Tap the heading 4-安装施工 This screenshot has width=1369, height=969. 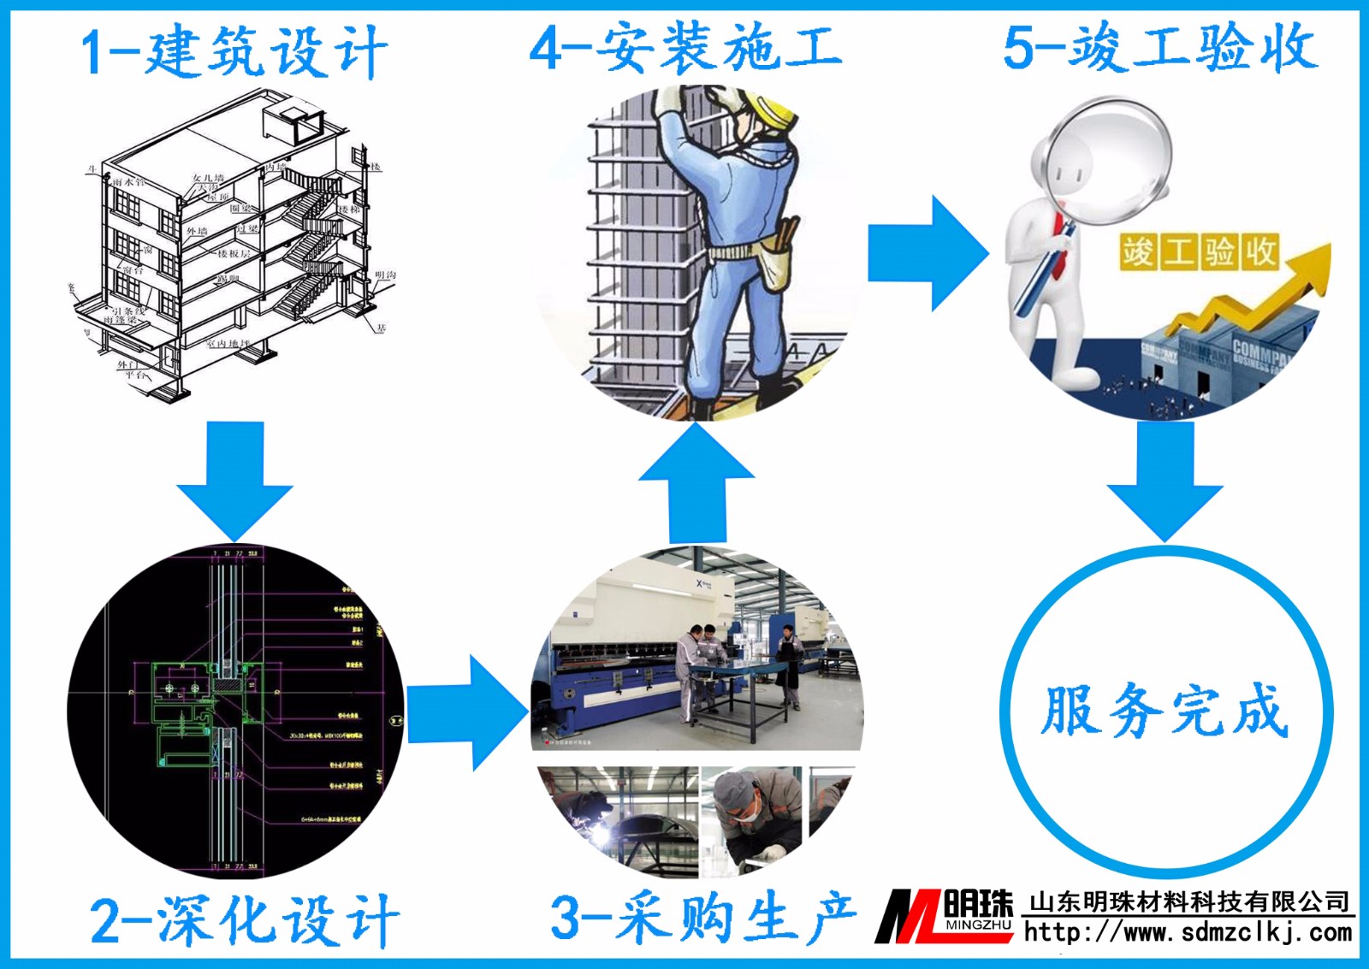[x=685, y=47]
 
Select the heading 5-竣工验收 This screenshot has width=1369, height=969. [x=1160, y=47]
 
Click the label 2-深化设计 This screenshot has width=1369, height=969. [x=245, y=920]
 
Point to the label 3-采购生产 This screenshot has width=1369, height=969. [x=702, y=917]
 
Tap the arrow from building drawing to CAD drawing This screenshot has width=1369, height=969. [x=235, y=479]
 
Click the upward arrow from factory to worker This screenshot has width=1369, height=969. [x=696, y=483]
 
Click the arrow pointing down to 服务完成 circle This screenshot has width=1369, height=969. [x=1165, y=479]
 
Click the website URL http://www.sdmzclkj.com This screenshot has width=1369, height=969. [x=1188, y=932]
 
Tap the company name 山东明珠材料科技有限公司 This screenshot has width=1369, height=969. [x=1189, y=901]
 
